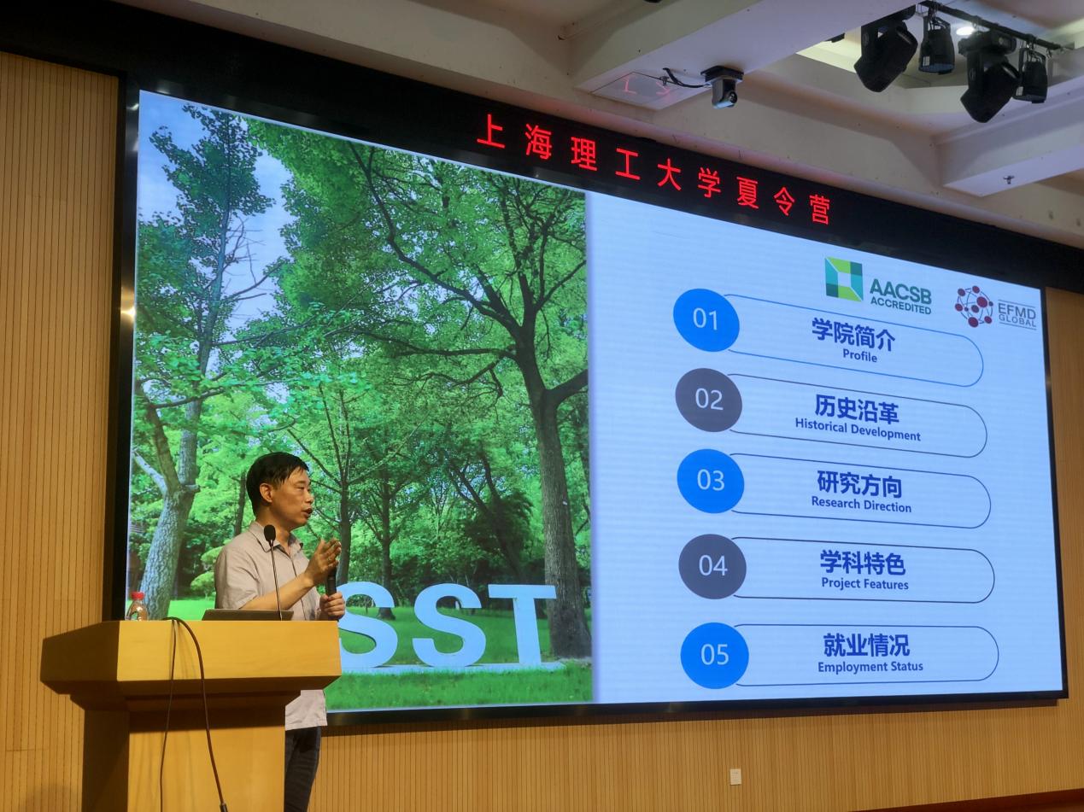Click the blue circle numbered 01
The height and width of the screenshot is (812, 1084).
coord(706,319)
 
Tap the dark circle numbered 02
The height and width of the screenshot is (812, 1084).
coord(709,400)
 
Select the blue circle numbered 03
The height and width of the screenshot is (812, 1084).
coord(710,481)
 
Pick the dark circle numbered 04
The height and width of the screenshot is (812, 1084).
coord(712,566)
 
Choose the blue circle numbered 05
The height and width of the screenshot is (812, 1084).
coord(714,655)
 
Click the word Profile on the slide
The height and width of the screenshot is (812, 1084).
coord(860,355)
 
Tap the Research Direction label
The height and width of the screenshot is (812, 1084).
coord(861,505)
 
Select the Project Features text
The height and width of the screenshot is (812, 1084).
coord(864,583)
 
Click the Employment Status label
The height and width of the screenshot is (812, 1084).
coord(870,667)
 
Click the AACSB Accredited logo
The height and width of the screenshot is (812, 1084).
coord(877,286)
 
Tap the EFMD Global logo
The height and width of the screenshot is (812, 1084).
coord(994,308)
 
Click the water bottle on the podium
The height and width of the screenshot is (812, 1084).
coord(137,606)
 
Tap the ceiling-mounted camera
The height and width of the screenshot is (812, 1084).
coord(723,86)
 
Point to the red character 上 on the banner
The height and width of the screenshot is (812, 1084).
coord(490,131)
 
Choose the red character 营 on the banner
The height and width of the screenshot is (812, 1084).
coord(819,207)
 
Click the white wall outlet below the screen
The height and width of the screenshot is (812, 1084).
coord(735,774)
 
